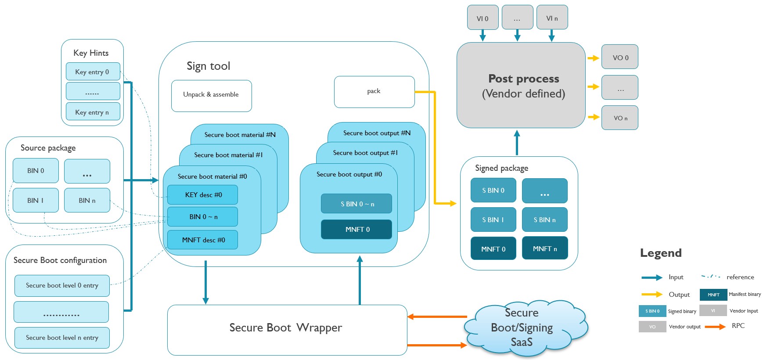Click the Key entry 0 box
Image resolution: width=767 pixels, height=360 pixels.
93,72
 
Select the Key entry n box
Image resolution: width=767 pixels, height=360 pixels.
93,112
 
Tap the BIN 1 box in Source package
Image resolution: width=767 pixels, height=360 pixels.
36,200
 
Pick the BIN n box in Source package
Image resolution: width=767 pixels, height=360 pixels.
87,200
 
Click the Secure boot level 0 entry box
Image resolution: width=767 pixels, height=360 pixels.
62,285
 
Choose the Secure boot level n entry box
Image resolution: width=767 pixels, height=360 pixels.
62,338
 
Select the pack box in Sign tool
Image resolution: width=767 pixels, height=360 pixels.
374,91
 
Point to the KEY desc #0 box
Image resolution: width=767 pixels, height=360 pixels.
203,194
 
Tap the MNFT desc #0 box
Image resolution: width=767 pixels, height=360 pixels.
203,240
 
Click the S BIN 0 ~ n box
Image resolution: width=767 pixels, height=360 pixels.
356,204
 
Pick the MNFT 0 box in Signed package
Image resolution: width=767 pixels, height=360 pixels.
493,248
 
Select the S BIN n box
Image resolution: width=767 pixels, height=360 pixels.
544,220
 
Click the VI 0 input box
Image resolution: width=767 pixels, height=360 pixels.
483,18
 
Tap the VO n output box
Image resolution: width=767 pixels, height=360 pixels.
619,118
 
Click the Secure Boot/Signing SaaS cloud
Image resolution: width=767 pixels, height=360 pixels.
522,328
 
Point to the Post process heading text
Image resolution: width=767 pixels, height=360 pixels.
523,79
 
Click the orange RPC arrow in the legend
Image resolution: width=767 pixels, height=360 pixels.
715,326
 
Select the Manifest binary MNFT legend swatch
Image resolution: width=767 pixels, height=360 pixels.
713,295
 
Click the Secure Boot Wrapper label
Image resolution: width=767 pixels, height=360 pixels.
286,328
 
